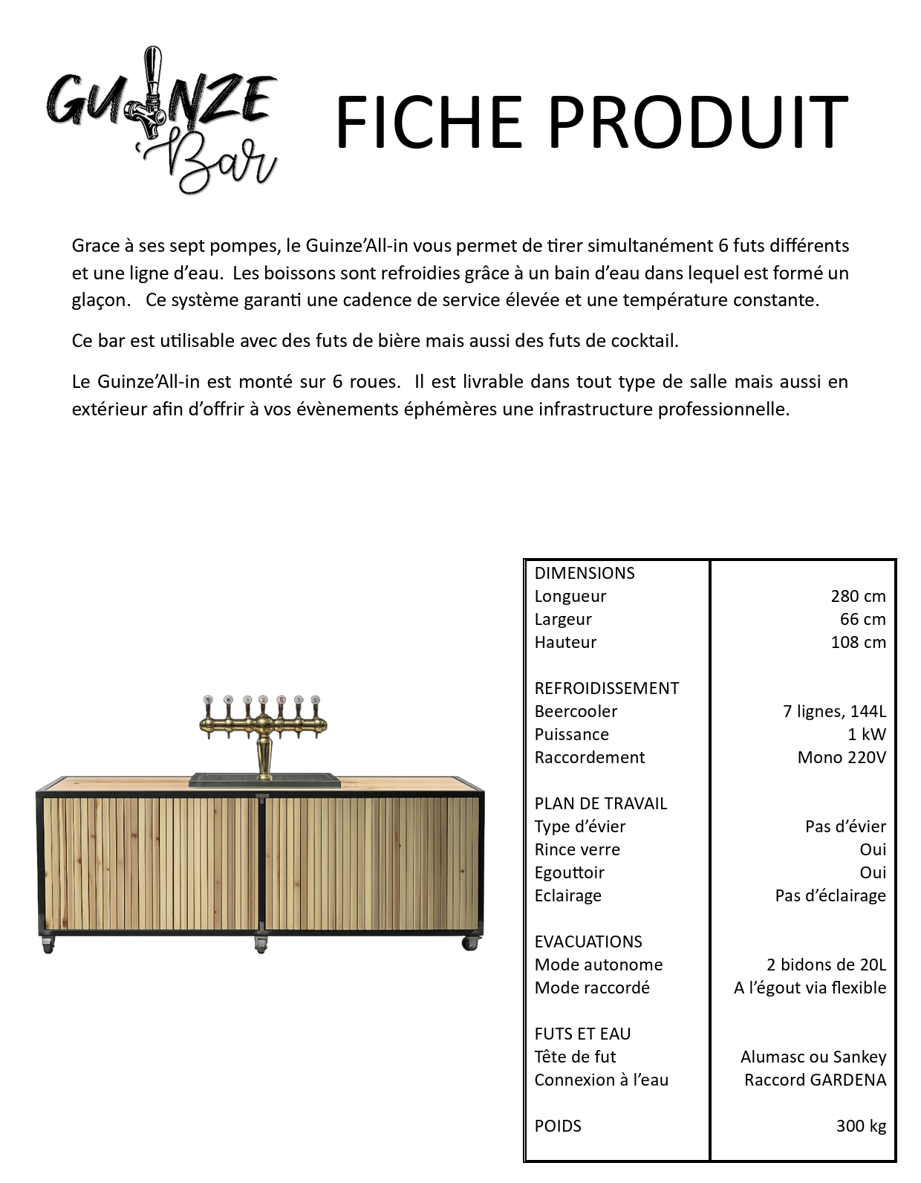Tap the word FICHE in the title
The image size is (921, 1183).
(x=429, y=123)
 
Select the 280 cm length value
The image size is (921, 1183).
(x=858, y=596)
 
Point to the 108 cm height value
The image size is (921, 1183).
(x=858, y=642)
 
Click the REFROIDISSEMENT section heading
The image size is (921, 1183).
(x=606, y=688)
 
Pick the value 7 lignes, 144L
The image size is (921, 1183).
(x=834, y=711)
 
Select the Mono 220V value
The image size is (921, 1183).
(x=842, y=757)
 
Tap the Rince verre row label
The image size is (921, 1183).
(x=577, y=849)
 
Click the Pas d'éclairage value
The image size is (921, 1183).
(x=830, y=895)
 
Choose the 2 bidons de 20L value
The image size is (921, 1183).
(x=826, y=965)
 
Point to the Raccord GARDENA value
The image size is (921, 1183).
(x=815, y=1080)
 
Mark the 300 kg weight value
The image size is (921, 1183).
(x=861, y=1126)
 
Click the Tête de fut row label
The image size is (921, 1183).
(x=575, y=1057)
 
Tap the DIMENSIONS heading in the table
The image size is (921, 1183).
(x=585, y=573)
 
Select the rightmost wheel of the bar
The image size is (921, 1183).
(x=469, y=943)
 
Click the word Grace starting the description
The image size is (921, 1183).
(x=96, y=245)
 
